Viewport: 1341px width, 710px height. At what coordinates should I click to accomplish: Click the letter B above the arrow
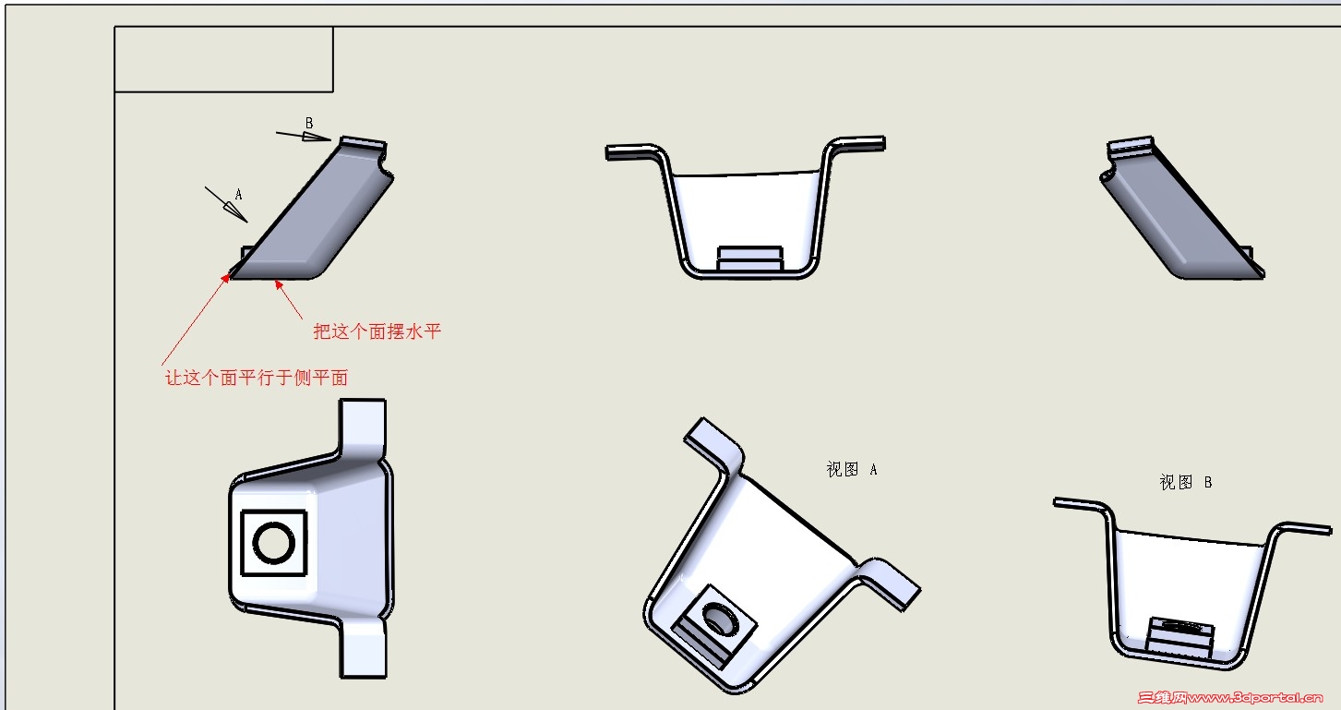(309, 123)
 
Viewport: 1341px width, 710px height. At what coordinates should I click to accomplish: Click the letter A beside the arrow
(238, 194)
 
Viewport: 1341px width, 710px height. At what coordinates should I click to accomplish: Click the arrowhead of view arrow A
(235, 212)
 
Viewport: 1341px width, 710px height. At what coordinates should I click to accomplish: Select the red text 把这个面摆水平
(377, 331)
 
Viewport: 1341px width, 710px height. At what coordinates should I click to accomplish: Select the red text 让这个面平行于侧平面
(257, 378)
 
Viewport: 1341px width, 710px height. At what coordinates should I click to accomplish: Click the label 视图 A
(852, 469)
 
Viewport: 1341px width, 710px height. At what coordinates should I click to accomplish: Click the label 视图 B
(1186, 483)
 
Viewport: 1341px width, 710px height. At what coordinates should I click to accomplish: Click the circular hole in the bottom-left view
(273, 542)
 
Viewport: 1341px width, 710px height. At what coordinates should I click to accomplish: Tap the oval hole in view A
(721, 619)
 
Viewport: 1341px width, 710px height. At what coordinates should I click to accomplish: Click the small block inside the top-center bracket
(750, 259)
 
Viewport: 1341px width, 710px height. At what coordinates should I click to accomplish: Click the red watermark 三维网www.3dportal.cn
(1230, 697)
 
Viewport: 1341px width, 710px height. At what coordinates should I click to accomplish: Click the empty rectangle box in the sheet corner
(224, 59)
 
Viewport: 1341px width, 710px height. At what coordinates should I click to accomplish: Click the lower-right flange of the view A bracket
(892, 584)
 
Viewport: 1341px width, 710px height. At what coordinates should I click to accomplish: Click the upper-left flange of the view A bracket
(714, 444)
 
